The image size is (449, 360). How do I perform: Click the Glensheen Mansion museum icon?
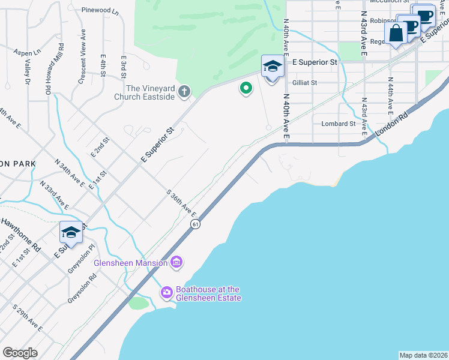tap(176, 262)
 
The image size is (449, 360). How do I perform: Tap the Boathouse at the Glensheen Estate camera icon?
tap(166, 292)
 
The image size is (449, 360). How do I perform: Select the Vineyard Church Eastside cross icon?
tap(184, 92)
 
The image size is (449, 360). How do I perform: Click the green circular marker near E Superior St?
tap(246, 89)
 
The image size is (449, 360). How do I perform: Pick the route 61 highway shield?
tap(196, 224)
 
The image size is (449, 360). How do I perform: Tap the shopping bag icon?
tap(396, 34)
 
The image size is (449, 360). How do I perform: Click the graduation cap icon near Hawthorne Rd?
tap(71, 233)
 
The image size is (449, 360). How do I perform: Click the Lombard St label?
tap(339, 124)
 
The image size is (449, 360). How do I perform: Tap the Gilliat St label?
tap(304, 83)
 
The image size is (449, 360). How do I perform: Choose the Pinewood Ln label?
tap(100, 11)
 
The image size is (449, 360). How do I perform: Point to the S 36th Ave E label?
tap(182, 204)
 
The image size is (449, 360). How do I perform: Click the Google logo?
tap(20, 352)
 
